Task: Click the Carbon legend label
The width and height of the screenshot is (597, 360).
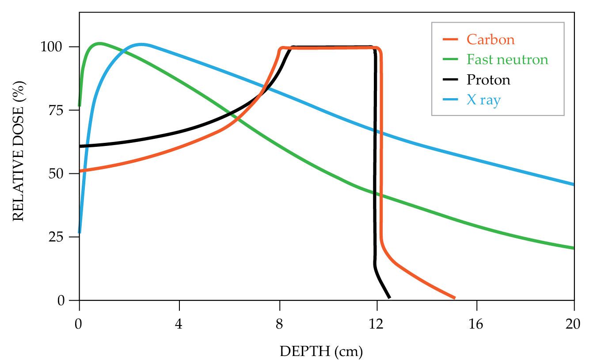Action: [491, 40]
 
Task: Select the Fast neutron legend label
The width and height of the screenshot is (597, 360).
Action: [507, 60]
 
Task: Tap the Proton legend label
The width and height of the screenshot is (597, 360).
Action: [488, 80]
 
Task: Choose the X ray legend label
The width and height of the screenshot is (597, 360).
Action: [483, 100]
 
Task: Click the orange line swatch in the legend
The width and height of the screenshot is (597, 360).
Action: [450, 40]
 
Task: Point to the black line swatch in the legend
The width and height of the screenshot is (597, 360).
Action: [450, 80]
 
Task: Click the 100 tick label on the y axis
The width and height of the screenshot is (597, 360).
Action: [53, 47]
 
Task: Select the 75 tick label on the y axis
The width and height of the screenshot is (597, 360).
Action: [57, 110]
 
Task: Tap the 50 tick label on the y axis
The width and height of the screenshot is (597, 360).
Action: [57, 173]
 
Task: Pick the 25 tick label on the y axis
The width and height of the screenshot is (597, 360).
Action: [57, 237]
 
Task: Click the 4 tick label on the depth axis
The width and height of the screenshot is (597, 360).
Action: [179, 324]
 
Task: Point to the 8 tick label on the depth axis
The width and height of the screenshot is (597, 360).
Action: [279, 324]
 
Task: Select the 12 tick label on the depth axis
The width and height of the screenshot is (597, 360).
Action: [376, 324]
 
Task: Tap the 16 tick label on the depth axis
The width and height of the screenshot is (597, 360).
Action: [476, 324]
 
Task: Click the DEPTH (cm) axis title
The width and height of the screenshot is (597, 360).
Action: [321, 352]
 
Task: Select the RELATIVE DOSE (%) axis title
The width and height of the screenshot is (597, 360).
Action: [18, 150]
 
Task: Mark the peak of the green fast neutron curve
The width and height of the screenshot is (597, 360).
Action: [99, 43]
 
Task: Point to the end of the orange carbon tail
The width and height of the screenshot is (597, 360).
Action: [454, 298]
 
